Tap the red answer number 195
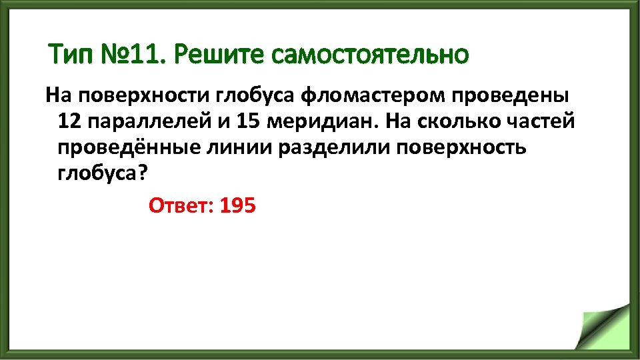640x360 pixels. (237, 205)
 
